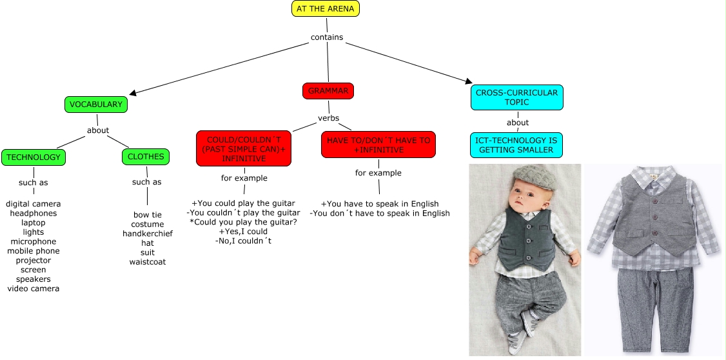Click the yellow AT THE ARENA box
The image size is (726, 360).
coord(325,8)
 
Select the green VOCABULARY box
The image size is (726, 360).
coord(95,105)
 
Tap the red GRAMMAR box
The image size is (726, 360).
coord(328,91)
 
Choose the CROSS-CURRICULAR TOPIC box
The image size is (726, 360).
coord(516,97)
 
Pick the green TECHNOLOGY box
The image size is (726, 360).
coord(33,157)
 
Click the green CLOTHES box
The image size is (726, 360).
coord(146,156)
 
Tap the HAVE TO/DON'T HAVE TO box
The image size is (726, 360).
coord(378,145)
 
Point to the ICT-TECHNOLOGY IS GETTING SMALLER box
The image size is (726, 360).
coord(516,145)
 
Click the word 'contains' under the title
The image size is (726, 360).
coord(327,37)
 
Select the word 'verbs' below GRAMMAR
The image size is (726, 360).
coord(328,118)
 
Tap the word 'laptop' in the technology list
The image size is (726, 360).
coord(33,223)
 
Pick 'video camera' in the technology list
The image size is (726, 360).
coord(33,288)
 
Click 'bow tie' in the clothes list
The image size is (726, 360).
coord(148,215)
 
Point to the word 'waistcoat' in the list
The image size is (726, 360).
coord(148,262)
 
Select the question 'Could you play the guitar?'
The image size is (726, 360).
coord(243,222)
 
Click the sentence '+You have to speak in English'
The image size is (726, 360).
coord(379,204)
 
